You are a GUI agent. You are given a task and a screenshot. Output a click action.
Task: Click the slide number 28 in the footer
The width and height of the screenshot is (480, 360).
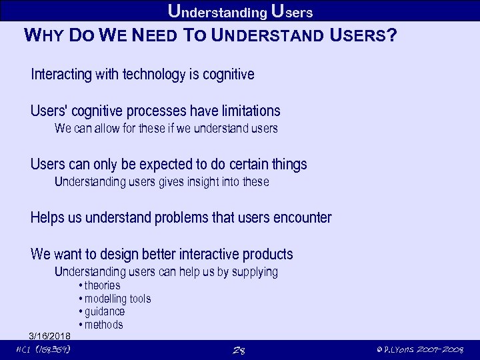pyautogui.click(x=239, y=350)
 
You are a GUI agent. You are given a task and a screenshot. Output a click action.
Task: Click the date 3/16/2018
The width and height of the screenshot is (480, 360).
pyautogui.click(x=51, y=335)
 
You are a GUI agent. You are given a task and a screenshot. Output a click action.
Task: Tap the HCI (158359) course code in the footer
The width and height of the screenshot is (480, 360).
pyautogui.click(x=43, y=349)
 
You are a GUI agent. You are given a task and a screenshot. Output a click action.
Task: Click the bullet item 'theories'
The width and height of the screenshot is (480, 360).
pyautogui.click(x=102, y=285)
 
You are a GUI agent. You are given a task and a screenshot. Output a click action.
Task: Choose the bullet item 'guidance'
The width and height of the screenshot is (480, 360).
pyautogui.click(x=104, y=311)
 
